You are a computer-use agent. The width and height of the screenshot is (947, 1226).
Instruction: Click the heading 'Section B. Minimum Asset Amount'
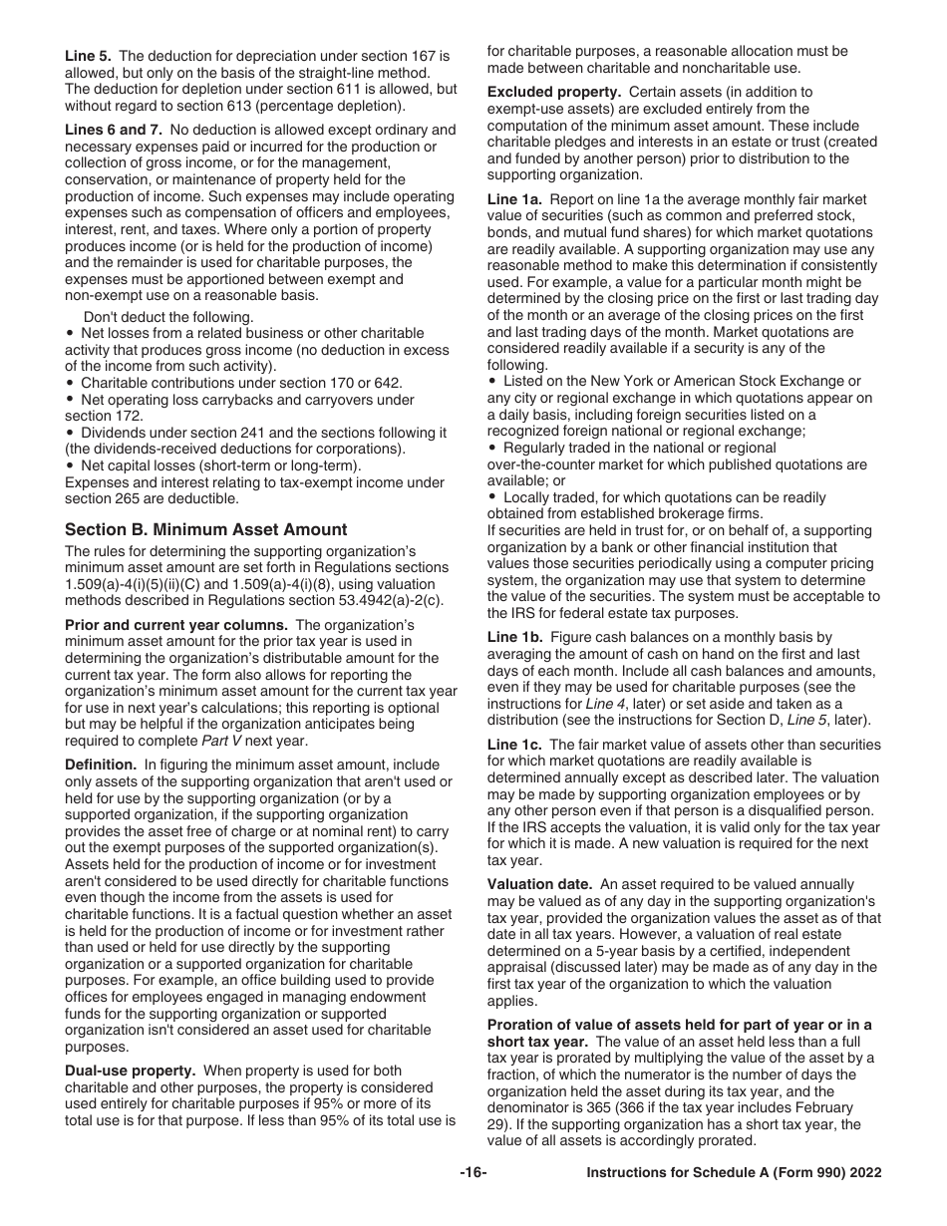[x=205, y=529]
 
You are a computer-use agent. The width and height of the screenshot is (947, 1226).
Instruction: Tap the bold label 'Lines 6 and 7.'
[x=113, y=130]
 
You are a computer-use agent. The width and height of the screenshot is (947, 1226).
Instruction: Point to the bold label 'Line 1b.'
[x=514, y=637]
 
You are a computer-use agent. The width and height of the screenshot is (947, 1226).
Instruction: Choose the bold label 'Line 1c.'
[x=514, y=745]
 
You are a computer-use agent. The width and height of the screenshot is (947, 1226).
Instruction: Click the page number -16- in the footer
[x=473, y=1173]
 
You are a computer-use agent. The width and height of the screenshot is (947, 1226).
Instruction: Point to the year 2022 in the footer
[x=863, y=1173]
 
